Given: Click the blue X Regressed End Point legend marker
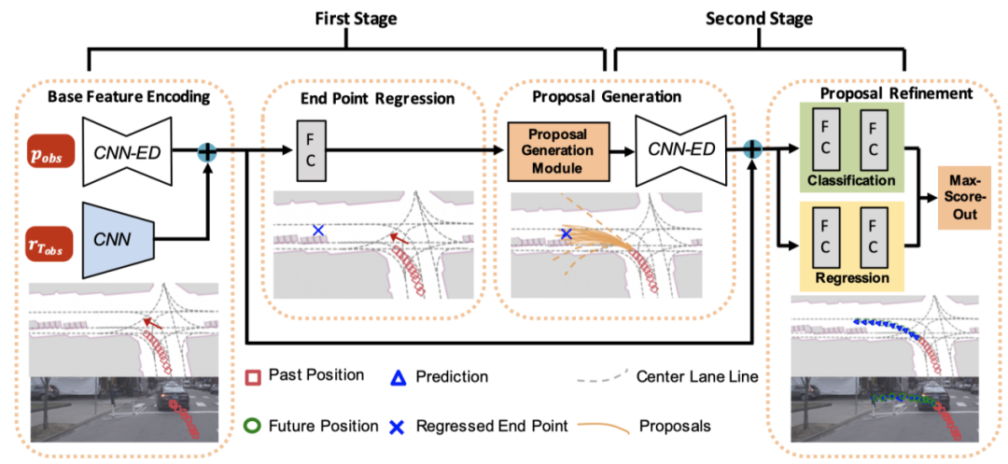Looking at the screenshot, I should click(x=397, y=427).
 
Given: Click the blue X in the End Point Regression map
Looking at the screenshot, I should click(x=318, y=230).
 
